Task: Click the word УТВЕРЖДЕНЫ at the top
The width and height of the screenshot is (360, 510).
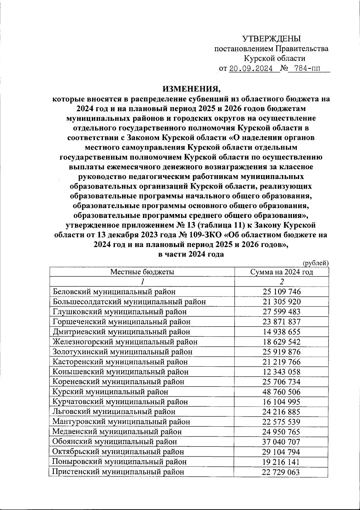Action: coord(271,39)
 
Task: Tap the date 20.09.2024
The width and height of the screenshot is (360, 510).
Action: coord(250,69)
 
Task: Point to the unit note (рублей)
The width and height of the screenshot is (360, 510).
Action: coord(315,263)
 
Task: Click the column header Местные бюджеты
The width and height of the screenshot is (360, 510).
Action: coord(142,272)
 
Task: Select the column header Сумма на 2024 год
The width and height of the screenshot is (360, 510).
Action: coord(282,272)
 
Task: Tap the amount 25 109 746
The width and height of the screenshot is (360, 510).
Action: coord(282,292)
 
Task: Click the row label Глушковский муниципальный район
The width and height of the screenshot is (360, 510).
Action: coord(119,312)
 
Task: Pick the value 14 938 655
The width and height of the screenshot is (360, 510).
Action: coord(282,332)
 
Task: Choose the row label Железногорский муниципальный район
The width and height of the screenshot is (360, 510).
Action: coord(125,342)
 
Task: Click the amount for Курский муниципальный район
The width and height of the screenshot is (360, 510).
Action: coord(282,392)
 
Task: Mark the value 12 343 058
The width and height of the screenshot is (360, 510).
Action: coord(282,372)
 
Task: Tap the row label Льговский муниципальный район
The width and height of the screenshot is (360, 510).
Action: coord(114,412)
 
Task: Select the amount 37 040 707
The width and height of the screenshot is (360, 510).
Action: coord(282,442)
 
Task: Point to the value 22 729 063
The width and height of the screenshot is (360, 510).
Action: coord(282,472)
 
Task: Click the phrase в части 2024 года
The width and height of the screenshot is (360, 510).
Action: coord(191,254)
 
